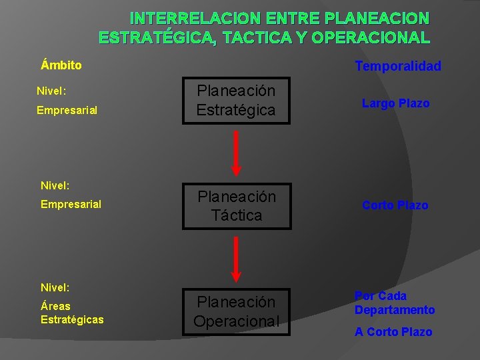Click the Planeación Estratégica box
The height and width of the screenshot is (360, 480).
click(236, 101)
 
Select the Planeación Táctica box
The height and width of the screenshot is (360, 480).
click(236, 206)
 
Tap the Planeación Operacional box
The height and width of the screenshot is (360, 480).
click(236, 311)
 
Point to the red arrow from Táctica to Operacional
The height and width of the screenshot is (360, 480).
click(236, 259)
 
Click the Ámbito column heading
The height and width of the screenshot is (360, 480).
click(61, 65)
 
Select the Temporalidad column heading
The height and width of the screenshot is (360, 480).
click(398, 66)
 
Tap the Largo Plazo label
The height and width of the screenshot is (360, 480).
click(395, 103)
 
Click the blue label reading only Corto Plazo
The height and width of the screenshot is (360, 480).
click(395, 205)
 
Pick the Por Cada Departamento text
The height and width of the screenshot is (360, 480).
click(394, 303)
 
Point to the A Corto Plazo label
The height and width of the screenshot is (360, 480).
click(393, 332)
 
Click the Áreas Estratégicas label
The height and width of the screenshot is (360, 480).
click(72, 313)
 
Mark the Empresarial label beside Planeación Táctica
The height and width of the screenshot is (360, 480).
click(71, 204)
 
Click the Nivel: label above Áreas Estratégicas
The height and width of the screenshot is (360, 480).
click(55, 287)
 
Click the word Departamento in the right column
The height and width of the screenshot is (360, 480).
click(394, 310)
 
